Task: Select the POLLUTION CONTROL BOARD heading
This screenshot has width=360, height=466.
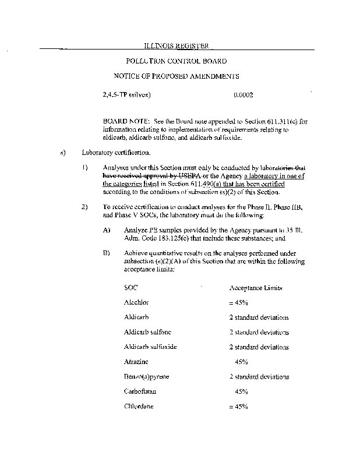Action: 176,61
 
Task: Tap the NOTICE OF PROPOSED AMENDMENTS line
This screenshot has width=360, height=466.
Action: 176,76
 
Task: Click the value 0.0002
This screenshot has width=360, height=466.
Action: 243,94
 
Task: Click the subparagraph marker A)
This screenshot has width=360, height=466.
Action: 107,230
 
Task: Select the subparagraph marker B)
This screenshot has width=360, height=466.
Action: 107,253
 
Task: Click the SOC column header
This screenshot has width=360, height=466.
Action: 130,288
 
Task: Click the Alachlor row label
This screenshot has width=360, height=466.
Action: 136,303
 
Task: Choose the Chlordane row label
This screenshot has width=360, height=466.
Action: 139,406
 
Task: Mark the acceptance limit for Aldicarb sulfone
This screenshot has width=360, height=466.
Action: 259,332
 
